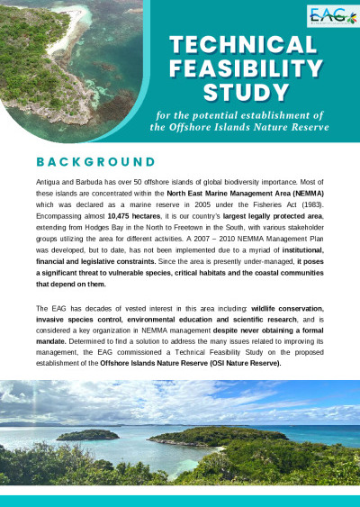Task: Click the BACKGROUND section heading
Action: (x=95, y=162)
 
